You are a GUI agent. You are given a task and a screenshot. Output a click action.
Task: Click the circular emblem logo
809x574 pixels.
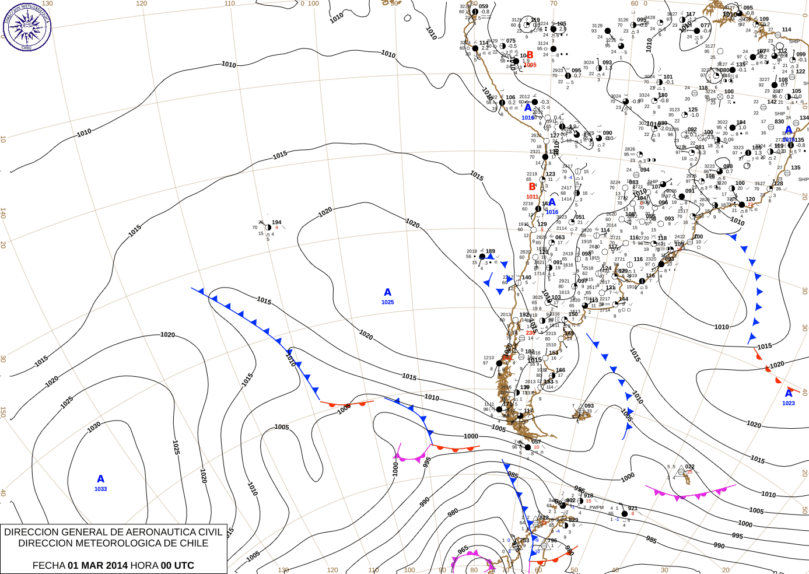pyautogui.click(x=27, y=27)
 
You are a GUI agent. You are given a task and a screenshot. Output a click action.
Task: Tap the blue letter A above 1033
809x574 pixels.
pyautogui.click(x=100, y=480)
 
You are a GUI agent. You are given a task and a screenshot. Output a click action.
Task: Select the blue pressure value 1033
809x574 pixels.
pyautogui.click(x=101, y=489)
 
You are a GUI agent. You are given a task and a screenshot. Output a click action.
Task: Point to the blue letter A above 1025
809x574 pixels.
pyautogui.click(x=388, y=293)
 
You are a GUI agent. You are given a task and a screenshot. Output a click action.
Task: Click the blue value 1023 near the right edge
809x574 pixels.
pyautogui.click(x=789, y=403)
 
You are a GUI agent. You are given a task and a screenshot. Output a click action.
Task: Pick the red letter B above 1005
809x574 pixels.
pyautogui.click(x=530, y=55)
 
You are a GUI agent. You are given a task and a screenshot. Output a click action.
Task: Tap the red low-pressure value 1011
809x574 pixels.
pyautogui.click(x=533, y=197)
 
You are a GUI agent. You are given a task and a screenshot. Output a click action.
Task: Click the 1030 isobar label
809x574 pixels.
pyautogui.click(x=94, y=427)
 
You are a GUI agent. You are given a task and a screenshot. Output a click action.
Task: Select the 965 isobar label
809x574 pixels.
pyautogui.click(x=463, y=550)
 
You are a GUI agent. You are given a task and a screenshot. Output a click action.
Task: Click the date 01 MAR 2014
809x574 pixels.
pyautogui.click(x=97, y=565)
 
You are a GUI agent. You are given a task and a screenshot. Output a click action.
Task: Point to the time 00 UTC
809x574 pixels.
pyautogui.click(x=178, y=565)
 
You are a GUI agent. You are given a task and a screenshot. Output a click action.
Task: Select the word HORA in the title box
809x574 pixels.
pyautogui.click(x=144, y=565)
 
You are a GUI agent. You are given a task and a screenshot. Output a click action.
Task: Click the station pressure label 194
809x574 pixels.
pyautogui.click(x=276, y=222)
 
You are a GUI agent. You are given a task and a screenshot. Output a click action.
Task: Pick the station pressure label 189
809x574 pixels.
pyautogui.click(x=491, y=251)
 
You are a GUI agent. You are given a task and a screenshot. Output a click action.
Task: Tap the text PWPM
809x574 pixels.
pyautogui.click(x=596, y=508)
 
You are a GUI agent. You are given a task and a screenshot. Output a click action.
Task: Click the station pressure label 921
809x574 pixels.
pyautogui.click(x=633, y=509)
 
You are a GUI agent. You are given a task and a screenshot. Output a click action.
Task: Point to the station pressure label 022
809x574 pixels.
pyautogui.click(x=689, y=467)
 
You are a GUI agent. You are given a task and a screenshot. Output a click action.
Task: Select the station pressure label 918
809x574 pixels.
pyautogui.click(x=589, y=496)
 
